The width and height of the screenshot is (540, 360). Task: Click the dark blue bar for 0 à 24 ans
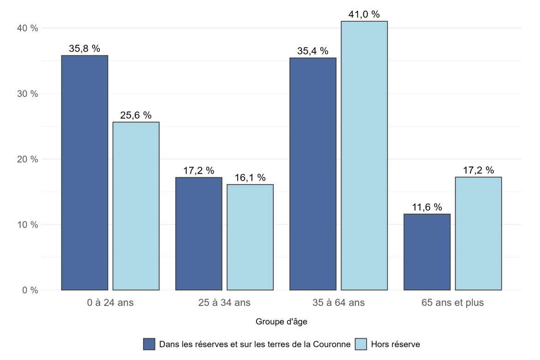84,173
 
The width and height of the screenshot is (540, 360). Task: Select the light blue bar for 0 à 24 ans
136,206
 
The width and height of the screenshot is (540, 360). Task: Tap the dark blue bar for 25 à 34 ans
198,234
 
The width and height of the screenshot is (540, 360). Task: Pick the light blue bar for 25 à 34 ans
250,237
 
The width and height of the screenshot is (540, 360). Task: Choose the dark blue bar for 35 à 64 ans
312,174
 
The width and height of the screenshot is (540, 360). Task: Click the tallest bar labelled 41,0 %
364,156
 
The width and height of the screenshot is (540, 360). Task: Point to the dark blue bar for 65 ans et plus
427,252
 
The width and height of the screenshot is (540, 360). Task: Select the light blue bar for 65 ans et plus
478,234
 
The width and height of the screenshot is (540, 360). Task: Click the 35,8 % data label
84,48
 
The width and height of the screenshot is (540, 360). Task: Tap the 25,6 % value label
136,115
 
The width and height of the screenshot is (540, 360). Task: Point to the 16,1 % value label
250,178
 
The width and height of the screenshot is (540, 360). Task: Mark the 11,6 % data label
427,207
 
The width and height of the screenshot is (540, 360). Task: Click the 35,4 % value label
312,51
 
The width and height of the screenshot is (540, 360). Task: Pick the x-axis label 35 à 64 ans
338,303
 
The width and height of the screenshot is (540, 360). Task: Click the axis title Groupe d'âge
282,321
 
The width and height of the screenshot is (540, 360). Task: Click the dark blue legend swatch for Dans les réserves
149,344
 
